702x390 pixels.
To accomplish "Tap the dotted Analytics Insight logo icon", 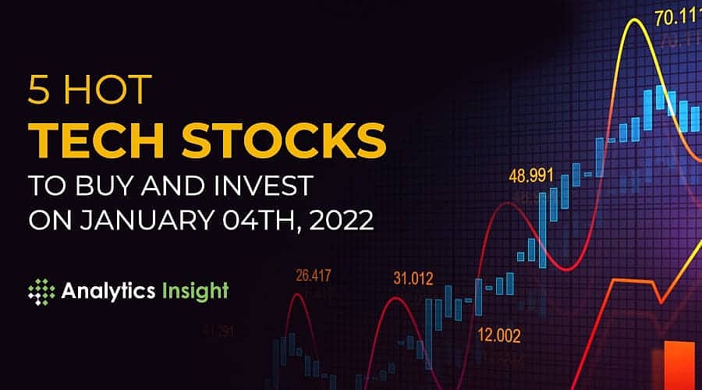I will (x=41, y=292).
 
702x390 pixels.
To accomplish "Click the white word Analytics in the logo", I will (x=108, y=292).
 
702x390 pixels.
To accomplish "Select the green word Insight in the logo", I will (x=197, y=292).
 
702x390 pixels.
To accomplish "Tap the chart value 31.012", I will (x=414, y=278).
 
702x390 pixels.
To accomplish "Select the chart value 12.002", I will (x=499, y=336).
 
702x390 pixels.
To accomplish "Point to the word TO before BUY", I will (x=46, y=186).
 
